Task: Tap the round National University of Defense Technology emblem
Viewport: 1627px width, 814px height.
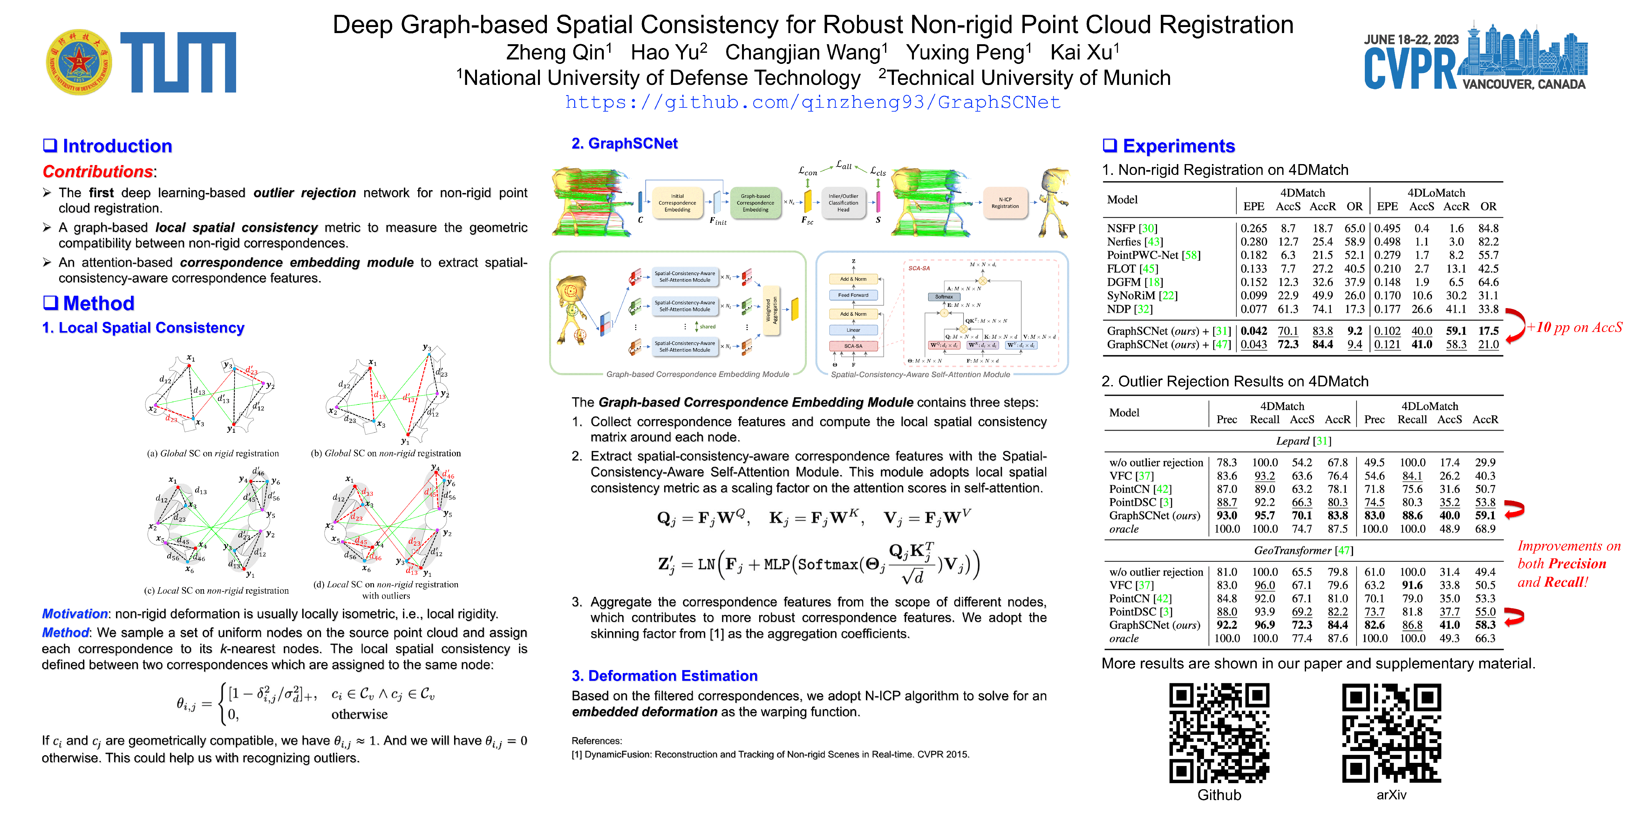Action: tap(79, 62)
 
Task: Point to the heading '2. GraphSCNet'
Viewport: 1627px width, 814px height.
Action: tap(624, 143)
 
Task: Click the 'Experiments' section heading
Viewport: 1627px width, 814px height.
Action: tap(1178, 146)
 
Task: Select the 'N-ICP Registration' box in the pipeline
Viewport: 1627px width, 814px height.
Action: tap(1005, 203)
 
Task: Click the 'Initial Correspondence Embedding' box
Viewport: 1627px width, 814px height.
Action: tap(677, 203)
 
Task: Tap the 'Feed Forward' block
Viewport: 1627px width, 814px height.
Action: tap(853, 295)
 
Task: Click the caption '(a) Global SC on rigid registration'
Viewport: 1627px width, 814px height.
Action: tap(213, 453)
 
